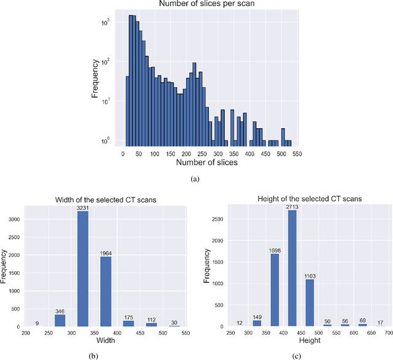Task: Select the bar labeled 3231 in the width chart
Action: (82, 270)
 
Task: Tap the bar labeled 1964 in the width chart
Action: (106, 292)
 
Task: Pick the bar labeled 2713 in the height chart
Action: (292, 274)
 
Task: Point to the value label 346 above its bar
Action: (60, 312)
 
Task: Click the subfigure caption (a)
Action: (195, 178)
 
